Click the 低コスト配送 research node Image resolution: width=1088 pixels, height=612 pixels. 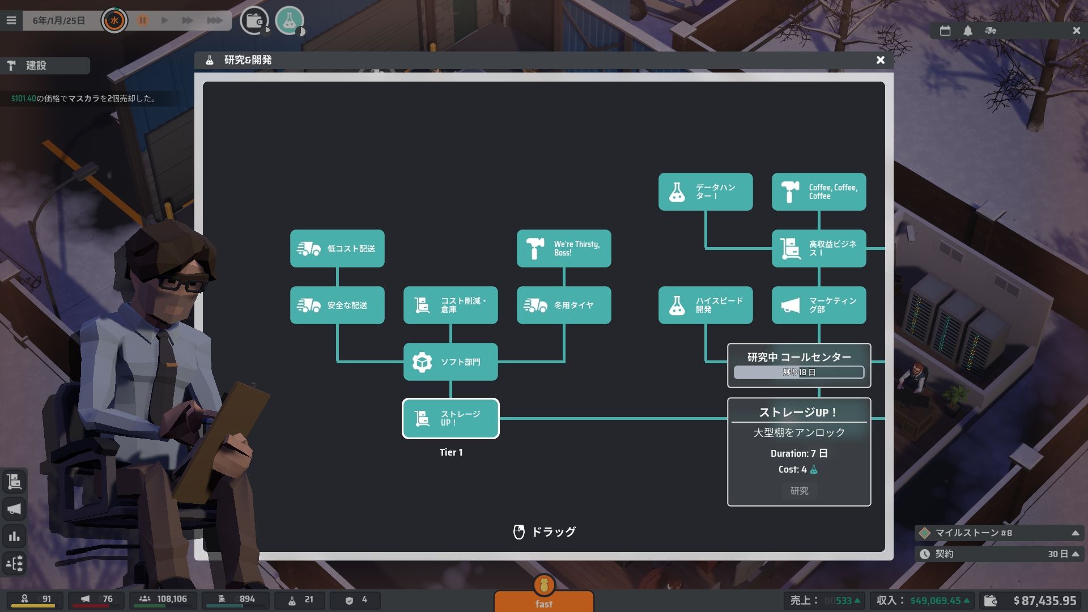pos(337,248)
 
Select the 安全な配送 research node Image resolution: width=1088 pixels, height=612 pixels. pos(337,305)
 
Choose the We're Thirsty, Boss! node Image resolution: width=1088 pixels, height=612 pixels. pos(564,248)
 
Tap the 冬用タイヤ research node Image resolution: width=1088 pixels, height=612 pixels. pos(564,305)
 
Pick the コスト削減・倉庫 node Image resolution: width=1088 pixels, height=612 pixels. pos(450,305)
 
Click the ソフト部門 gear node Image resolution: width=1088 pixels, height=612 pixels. pos(450,362)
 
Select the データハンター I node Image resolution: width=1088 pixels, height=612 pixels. pos(705,192)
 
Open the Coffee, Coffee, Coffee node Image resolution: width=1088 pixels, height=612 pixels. pos(819,192)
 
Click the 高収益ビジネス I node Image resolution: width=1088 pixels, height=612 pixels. pos(819,248)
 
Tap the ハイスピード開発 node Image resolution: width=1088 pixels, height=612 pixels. pos(705,305)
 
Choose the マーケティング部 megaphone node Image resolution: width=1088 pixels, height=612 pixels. pos(819,305)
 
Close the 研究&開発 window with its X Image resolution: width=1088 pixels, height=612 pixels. pos(880,60)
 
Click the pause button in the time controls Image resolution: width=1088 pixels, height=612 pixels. pos(143,20)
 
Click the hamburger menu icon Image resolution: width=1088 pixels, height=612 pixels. pos(11,20)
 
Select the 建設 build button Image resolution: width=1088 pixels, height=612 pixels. pos(45,66)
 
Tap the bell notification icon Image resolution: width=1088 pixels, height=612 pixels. pos(968,31)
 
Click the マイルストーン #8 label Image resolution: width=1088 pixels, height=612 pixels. pos(973,533)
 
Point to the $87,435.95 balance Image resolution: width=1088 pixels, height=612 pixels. pos(1044,601)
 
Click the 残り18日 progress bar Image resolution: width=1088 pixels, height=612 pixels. pos(798,372)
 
